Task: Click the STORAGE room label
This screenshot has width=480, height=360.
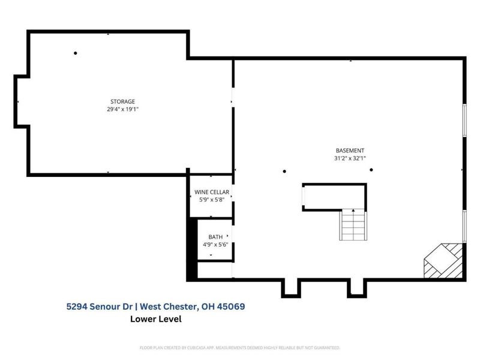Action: click(122, 101)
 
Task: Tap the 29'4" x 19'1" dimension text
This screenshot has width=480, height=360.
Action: click(122, 109)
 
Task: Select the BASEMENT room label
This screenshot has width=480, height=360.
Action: click(350, 151)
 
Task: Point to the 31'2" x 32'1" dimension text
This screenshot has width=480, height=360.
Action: click(350, 158)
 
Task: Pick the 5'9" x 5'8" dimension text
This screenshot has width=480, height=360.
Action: click(211, 200)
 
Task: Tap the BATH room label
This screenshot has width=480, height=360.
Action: click(215, 237)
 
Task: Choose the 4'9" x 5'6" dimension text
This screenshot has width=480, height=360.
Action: click(215, 245)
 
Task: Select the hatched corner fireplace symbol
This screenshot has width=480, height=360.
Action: click(445, 261)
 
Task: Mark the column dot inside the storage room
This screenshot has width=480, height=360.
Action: click(76, 53)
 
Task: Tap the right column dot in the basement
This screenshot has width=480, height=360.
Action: click(371, 170)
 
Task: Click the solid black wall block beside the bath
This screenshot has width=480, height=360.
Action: click(193, 248)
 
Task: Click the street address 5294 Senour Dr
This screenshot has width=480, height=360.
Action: click(100, 307)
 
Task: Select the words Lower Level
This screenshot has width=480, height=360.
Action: click(155, 319)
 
